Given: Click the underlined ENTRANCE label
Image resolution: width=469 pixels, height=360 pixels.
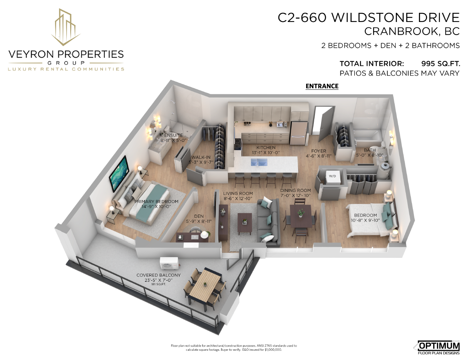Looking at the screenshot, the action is pos(322,86).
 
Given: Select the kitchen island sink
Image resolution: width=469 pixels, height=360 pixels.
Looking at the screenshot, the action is pos(259,162).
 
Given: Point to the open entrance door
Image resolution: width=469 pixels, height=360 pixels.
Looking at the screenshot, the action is pos(325,123).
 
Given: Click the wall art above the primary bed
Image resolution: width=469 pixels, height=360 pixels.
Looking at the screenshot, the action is pos(119,173).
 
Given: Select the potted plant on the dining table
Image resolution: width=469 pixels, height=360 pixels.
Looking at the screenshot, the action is pos(300,213).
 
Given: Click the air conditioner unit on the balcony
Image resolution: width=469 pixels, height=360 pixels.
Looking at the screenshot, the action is pos(169,263).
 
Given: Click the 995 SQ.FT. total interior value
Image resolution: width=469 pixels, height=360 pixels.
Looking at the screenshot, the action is pos(441,64).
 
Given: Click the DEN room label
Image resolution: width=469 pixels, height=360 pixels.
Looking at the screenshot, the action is pos(199,216).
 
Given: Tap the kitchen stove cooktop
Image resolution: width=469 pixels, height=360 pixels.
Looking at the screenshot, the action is pos(238,144).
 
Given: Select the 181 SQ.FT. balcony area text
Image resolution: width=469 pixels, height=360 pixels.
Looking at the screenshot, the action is pos(159,284).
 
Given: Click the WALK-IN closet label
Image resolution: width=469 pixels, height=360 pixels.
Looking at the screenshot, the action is pos(201,157).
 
